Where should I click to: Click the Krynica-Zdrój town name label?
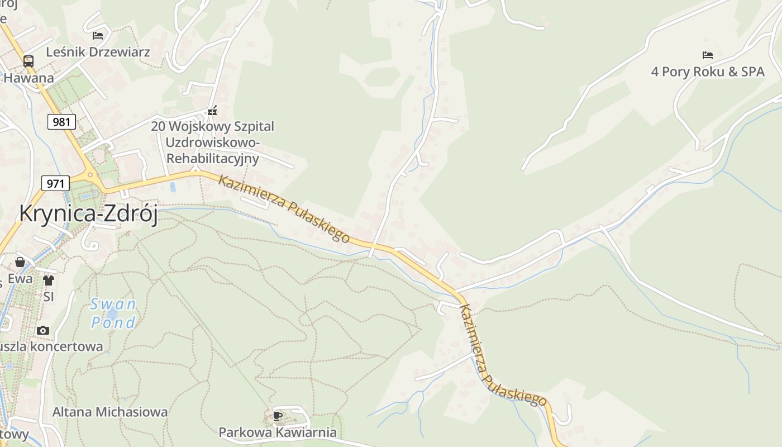click(88, 213)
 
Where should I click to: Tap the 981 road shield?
click(61, 121)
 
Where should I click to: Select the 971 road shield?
click(55, 183)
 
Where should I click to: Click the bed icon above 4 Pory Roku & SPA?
click(708, 55)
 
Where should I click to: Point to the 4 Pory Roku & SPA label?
click(708, 72)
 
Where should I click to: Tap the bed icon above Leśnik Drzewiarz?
click(98, 35)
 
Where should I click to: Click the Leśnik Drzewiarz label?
click(98, 52)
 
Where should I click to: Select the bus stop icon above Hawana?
click(28, 61)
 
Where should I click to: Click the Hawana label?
click(28, 78)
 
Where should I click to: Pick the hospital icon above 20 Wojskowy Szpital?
click(212, 110)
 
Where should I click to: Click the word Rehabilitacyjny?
click(212, 158)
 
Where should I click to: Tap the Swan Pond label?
click(113, 313)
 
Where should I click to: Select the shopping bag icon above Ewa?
click(20, 262)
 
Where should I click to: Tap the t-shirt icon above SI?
click(49, 280)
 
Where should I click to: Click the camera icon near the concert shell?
click(43, 330)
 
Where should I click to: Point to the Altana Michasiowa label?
click(110, 412)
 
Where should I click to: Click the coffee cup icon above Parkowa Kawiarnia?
click(278, 416)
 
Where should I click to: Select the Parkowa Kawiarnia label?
click(278, 432)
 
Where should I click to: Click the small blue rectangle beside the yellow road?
click(173, 187)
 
